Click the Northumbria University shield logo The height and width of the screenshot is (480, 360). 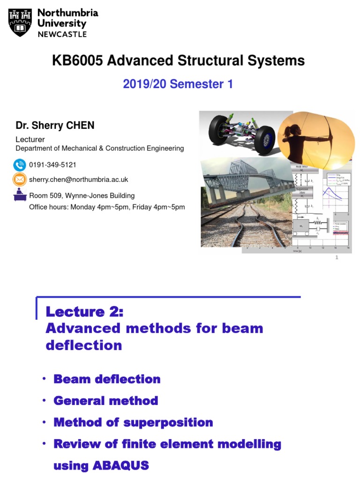(20, 22)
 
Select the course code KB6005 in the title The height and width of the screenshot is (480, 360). (76, 60)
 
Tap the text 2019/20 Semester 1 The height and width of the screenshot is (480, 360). (178, 84)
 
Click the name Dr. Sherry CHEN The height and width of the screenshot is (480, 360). (55, 126)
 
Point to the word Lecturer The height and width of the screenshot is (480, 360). (30, 139)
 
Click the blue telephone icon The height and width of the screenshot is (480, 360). (20, 165)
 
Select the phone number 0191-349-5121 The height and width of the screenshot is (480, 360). (52, 165)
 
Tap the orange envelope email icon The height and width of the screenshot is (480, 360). (20, 179)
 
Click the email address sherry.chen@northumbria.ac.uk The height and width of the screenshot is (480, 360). (78, 180)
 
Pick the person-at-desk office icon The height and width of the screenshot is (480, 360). (20, 194)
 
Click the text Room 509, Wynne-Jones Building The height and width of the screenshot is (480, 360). (82, 195)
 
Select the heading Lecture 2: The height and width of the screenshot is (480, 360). (84, 312)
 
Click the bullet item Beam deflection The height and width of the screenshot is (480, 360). (107, 379)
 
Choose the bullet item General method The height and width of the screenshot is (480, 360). (105, 401)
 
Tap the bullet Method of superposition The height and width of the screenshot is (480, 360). (133, 422)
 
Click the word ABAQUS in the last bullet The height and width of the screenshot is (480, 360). (120, 465)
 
